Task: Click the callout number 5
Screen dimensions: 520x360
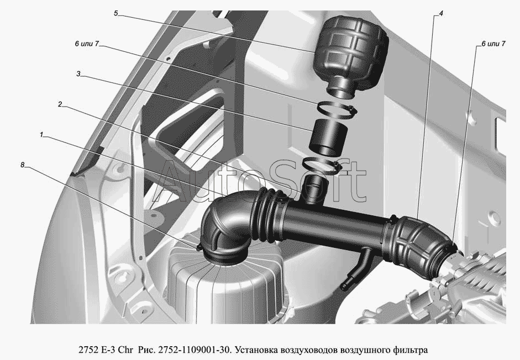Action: pyautogui.click(x=115, y=13)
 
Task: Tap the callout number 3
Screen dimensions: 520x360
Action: pyautogui.click(x=78, y=74)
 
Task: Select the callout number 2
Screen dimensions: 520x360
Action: pyautogui.click(x=60, y=104)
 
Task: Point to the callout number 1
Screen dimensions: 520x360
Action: pyautogui.click(x=41, y=135)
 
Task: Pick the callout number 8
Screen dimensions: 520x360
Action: pyautogui.click(x=23, y=165)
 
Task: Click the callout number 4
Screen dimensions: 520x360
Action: pyautogui.click(x=441, y=13)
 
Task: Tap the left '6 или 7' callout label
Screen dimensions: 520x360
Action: pyautogui.click(x=87, y=44)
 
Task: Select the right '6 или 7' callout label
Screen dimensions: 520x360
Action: pyautogui.click(x=493, y=44)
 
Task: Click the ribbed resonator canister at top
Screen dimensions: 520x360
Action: pyautogui.click(x=350, y=56)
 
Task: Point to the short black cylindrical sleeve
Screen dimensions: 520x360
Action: pyautogui.click(x=328, y=138)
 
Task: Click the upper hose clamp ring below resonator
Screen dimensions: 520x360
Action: pyautogui.click(x=337, y=109)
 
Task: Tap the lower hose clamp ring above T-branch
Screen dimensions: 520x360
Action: pyautogui.click(x=322, y=165)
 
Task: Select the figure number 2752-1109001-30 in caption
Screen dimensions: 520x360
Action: pyautogui.click(x=195, y=350)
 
